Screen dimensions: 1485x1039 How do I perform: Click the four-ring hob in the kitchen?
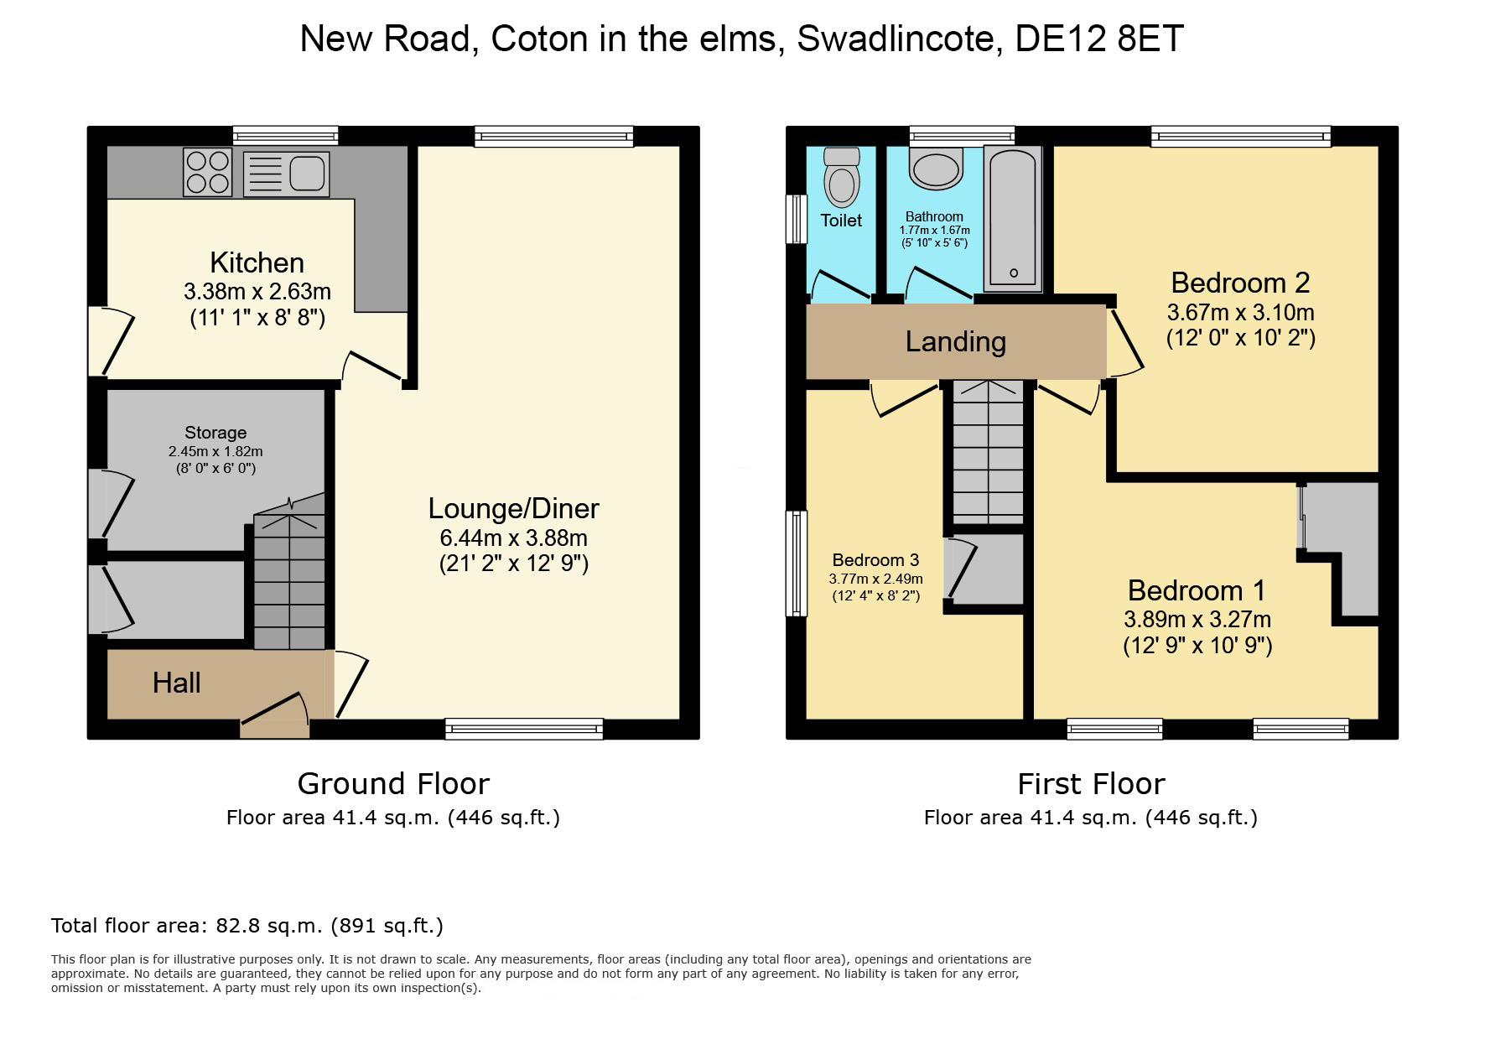point(208,172)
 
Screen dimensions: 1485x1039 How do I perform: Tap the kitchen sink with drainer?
point(286,174)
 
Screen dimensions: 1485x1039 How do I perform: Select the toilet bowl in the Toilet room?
point(842,177)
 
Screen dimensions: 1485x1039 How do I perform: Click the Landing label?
point(956,341)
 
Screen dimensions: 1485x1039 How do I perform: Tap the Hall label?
point(176,683)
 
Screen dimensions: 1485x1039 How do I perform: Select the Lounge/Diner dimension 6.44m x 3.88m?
point(513,538)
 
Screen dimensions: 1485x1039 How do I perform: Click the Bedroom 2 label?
point(1240,283)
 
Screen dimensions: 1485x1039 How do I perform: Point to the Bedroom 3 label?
point(875,560)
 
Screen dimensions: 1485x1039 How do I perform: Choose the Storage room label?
point(215,433)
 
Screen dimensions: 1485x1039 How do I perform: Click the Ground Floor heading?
point(393,783)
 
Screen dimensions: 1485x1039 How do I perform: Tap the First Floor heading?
point(1091,783)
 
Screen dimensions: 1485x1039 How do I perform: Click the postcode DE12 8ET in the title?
point(1099,39)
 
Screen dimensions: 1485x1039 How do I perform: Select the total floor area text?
point(247,926)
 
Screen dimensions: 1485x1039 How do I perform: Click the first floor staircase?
point(989,453)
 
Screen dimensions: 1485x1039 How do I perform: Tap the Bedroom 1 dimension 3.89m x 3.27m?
point(1197,620)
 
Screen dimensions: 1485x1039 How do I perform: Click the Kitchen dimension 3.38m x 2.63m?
point(257,292)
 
